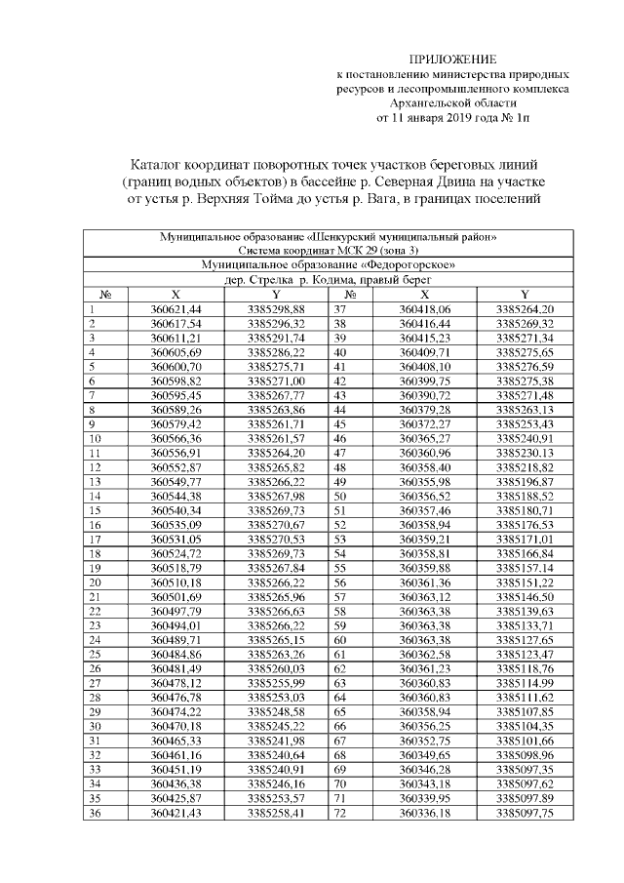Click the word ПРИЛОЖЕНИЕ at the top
pyautogui.click(x=444, y=60)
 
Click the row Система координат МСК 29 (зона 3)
pyautogui.click(x=328, y=251)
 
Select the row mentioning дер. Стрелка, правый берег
pyautogui.click(x=328, y=279)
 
